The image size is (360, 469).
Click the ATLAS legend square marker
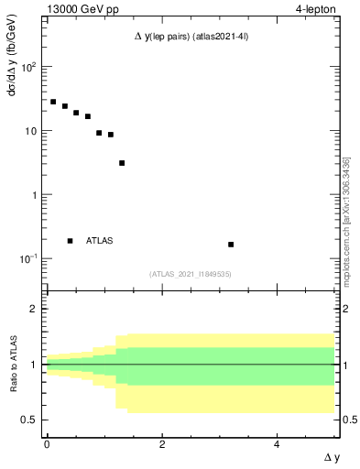[x=71, y=241]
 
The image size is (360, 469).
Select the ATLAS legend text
[x=100, y=241]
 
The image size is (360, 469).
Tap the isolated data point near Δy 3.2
[x=231, y=245]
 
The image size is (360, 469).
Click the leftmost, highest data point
[x=53, y=102]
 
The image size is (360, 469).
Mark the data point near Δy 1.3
[x=122, y=163]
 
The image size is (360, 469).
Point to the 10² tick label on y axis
[x=28, y=68]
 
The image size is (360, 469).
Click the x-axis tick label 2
[x=162, y=443]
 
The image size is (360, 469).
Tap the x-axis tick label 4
[x=278, y=443]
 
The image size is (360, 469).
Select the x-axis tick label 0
[x=47, y=443]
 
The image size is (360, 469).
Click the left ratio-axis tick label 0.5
[x=29, y=420]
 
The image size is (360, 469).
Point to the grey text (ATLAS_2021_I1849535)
[x=191, y=274]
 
